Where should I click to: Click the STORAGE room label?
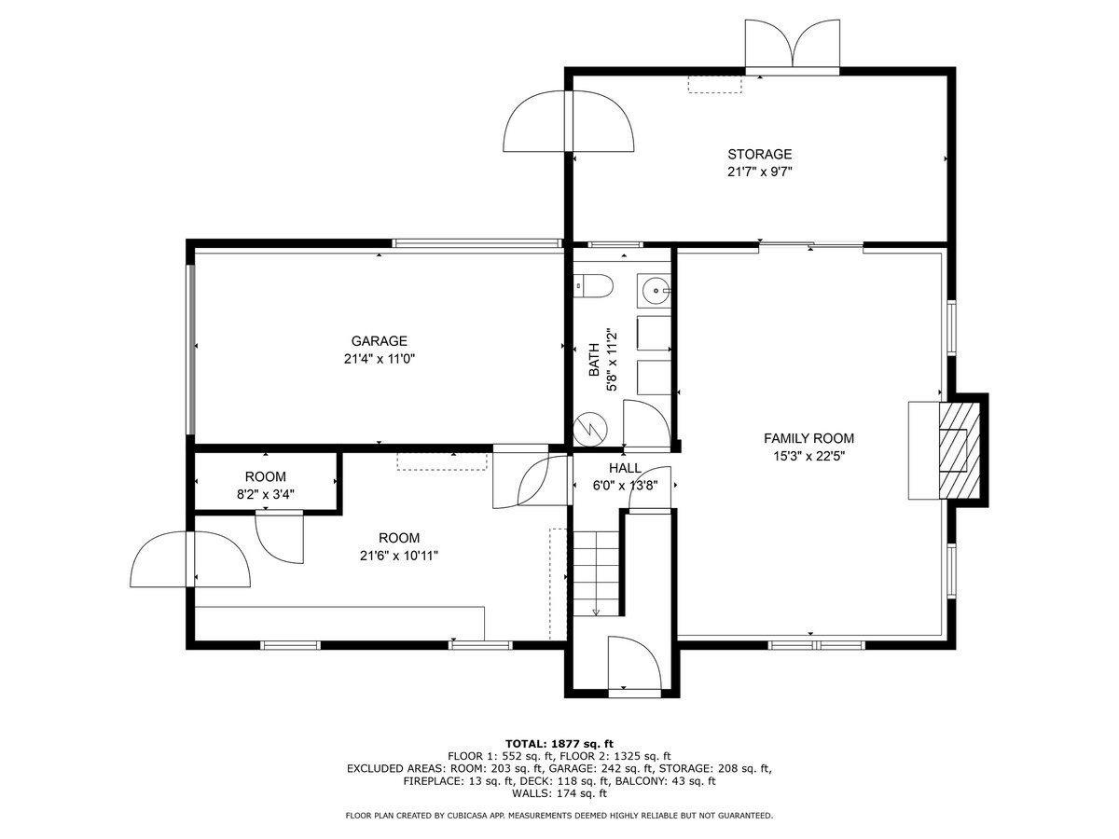tap(760, 154)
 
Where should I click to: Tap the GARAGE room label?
tap(379, 341)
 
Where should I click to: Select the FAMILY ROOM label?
tap(808, 438)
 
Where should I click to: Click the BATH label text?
tap(594, 365)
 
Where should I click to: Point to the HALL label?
tap(625, 468)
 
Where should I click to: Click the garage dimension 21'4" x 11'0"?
tap(379, 359)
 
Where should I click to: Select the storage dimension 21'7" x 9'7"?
tap(760, 172)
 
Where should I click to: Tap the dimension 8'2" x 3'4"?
tap(266, 494)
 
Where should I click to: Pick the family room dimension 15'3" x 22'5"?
tap(808, 456)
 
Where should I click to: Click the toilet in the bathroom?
tap(592, 287)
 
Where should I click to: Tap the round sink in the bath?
tap(656, 291)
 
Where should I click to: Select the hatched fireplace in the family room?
tap(953, 450)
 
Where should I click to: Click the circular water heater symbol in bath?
tap(591, 428)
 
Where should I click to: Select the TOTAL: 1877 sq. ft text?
tap(559, 743)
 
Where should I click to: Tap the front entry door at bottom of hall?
tap(634, 667)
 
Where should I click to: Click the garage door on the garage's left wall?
tap(192, 349)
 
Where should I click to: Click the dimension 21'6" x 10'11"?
tap(398, 556)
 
